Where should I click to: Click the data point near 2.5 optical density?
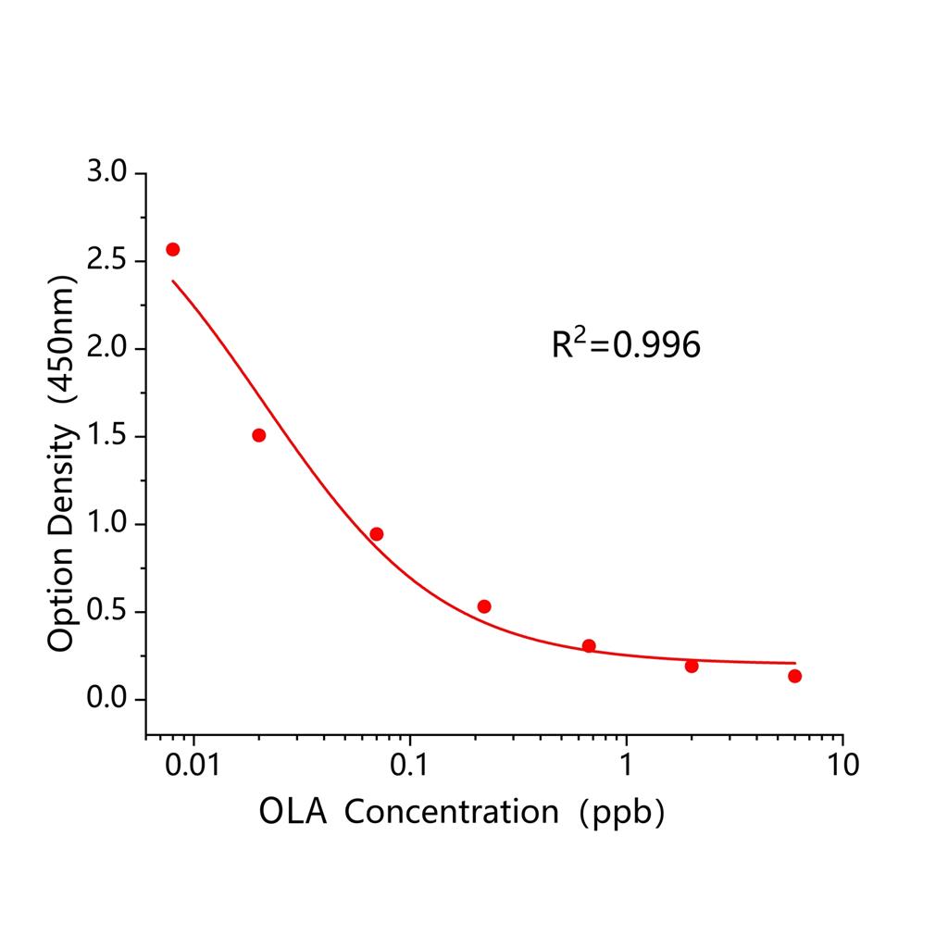[x=172, y=249]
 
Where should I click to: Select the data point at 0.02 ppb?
[x=259, y=435]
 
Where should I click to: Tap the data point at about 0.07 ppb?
[x=377, y=534]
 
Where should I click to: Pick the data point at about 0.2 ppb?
[x=484, y=606]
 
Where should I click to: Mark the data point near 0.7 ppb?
[x=589, y=645]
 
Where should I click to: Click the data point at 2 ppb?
[x=692, y=666]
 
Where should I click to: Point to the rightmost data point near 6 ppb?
[x=795, y=676]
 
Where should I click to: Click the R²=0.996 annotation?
[x=626, y=345]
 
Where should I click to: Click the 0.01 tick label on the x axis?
[x=193, y=766]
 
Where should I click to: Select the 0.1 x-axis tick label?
[x=409, y=766]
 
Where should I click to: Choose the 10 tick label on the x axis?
[x=842, y=766]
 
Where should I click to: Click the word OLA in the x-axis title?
[x=293, y=812]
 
